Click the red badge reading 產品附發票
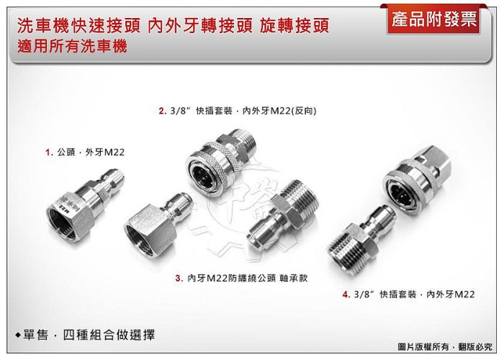[x=434, y=20]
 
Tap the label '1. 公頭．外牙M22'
[x=85, y=152]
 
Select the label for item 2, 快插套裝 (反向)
[x=238, y=111]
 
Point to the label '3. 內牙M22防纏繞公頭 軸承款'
[x=241, y=278]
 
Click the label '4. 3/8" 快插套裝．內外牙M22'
[x=408, y=294]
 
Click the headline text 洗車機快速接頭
[x=78, y=26]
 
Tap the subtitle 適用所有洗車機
[x=72, y=46]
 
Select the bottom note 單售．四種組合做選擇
[x=85, y=335]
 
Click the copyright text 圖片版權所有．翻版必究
[x=445, y=347]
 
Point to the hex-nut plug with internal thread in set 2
[x=158, y=222]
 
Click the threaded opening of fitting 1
[x=63, y=225]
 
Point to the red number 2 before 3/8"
[x=161, y=111]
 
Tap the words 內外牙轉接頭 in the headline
[x=200, y=26]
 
